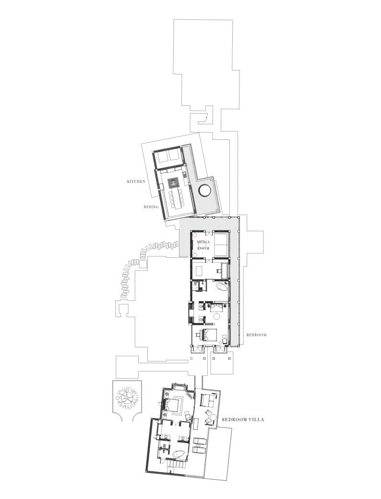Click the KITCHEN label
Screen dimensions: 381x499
pyautogui.click(x=136, y=181)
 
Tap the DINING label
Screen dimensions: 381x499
pyautogui.click(x=151, y=206)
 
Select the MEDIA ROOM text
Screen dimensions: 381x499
pyautogui.click(x=203, y=245)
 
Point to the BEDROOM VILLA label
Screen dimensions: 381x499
pyautogui.click(x=243, y=420)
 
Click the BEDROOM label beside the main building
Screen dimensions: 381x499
pyautogui.click(x=257, y=335)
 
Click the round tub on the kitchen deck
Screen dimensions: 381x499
pyautogui.click(x=204, y=191)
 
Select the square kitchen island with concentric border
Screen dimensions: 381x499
pyautogui.click(x=174, y=182)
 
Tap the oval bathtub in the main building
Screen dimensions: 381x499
pyautogui.click(x=222, y=286)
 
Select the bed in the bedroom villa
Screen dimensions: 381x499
pyautogui.click(x=175, y=404)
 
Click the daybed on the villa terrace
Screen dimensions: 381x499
pyautogui.click(x=207, y=400)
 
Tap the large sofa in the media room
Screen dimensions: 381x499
pyautogui.click(x=222, y=245)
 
